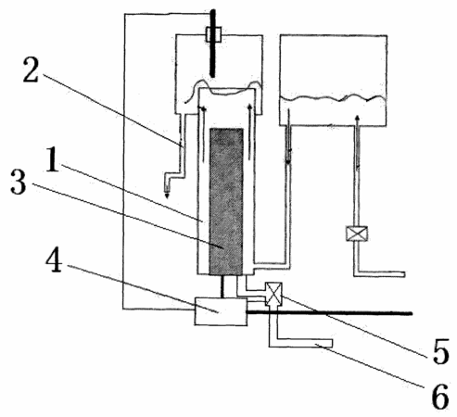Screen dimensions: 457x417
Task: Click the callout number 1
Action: pyautogui.click(x=52, y=159)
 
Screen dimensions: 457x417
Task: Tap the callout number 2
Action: pyautogui.click(x=31, y=70)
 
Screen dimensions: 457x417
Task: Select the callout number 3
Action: pyautogui.click(x=18, y=183)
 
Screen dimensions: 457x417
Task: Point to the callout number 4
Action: pyautogui.click(x=54, y=261)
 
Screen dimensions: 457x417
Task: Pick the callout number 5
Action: pyautogui.click(x=441, y=352)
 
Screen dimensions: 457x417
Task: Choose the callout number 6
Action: pyautogui.click(x=440, y=398)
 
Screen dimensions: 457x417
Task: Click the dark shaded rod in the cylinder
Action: pyautogui.click(x=226, y=201)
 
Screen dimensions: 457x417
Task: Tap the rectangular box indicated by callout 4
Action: pyautogui.click(x=221, y=311)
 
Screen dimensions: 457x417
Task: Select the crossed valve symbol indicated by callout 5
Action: pyautogui.click(x=273, y=294)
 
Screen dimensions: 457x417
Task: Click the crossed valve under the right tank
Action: pyautogui.click(x=357, y=234)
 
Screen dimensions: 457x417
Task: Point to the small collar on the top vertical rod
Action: pyautogui.click(x=214, y=34)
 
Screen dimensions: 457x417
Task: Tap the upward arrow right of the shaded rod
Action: pyautogui.click(x=249, y=133)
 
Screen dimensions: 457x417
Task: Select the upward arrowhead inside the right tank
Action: pyautogui.click(x=358, y=118)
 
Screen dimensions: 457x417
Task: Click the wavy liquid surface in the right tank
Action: pyautogui.click(x=333, y=98)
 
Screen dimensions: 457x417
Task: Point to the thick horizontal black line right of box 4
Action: pyautogui.click(x=330, y=313)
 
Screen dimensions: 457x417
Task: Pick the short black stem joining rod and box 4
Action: pyautogui.click(x=222, y=286)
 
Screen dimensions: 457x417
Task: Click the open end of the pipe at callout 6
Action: pyautogui.click(x=332, y=343)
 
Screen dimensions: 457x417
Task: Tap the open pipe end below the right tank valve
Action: pyautogui.click(x=404, y=274)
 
